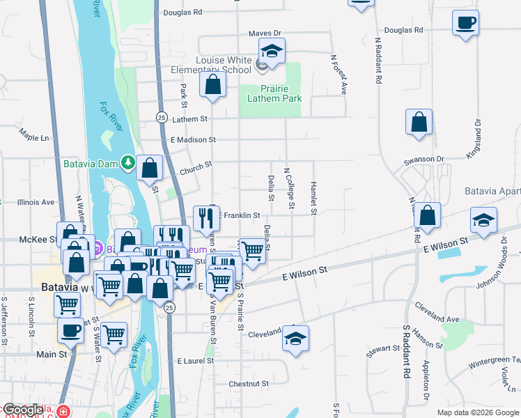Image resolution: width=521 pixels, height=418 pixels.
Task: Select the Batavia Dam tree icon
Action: click(128, 163)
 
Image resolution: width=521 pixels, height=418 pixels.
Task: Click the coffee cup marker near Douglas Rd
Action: click(465, 22)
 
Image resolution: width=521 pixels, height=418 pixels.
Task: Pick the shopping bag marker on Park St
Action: click(213, 86)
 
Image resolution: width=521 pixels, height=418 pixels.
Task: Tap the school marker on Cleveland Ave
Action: click(296, 339)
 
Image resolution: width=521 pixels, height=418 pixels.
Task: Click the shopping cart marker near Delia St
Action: click(252, 250)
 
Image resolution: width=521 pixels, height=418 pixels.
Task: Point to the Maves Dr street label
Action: click(265, 33)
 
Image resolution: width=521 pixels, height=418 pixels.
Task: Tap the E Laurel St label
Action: click(195, 362)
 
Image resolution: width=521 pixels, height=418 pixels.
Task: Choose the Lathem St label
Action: click(189, 119)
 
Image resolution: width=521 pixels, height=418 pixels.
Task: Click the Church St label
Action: click(195, 167)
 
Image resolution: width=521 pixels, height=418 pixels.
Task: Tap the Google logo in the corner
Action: click(22, 410)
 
